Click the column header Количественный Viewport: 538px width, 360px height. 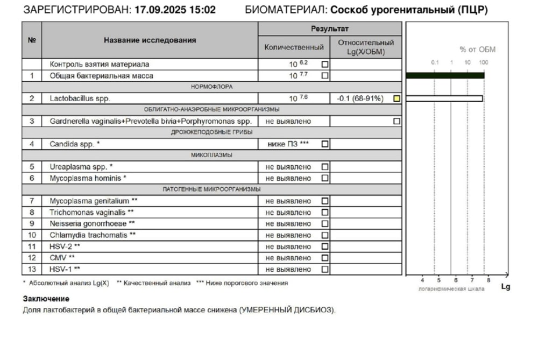tap(294, 47)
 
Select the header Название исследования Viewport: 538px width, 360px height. tap(150, 40)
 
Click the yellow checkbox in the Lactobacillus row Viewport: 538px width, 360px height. tap(397, 98)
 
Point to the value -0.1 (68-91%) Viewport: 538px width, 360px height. tap(360, 98)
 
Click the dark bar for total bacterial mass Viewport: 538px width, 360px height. tap(445, 75)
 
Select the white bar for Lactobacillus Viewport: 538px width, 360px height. tap(444, 98)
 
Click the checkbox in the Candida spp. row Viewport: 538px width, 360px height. tap(324, 144)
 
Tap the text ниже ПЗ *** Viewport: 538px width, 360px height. tap(288, 144)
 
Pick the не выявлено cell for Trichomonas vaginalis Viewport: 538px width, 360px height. tap(288, 213)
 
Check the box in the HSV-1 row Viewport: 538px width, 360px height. tap(324, 269)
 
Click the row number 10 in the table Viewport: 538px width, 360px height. tap(32, 235)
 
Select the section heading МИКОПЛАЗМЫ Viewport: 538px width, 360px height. tap(211, 155)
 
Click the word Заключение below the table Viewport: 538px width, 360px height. tap(46, 299)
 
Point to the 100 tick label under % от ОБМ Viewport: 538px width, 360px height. tap(483, 63)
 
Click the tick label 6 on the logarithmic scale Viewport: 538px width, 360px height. tap(455, 280)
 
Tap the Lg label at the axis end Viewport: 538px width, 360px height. tap(505, 287)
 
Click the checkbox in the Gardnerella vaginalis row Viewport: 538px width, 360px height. tap(397, 122)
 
